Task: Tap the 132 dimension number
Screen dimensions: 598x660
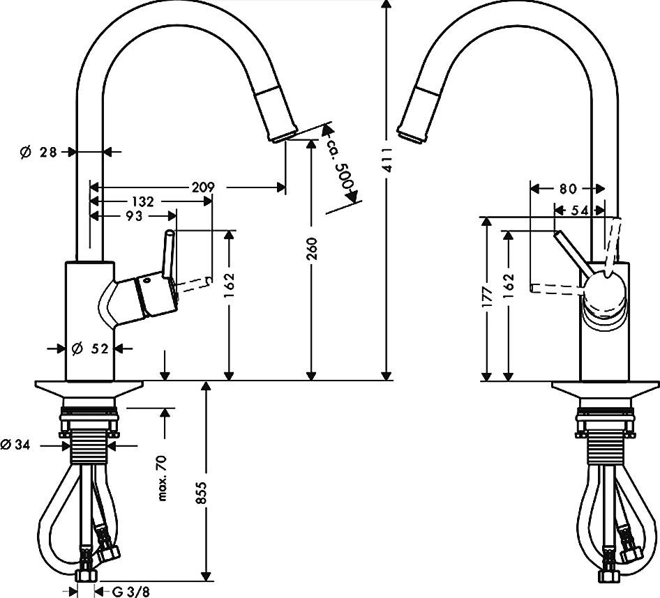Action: coord(142,201)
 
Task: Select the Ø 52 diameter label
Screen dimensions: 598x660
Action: coord(90,348)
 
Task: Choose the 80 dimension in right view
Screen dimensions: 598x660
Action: coord(568,188)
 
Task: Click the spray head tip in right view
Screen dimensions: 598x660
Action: coord(412,132)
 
